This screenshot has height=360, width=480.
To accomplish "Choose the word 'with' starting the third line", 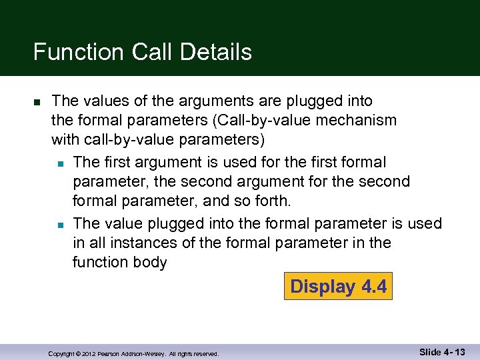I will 65,141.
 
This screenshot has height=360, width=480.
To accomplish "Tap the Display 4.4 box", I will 338,287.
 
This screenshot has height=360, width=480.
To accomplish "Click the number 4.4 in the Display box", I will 374,287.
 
